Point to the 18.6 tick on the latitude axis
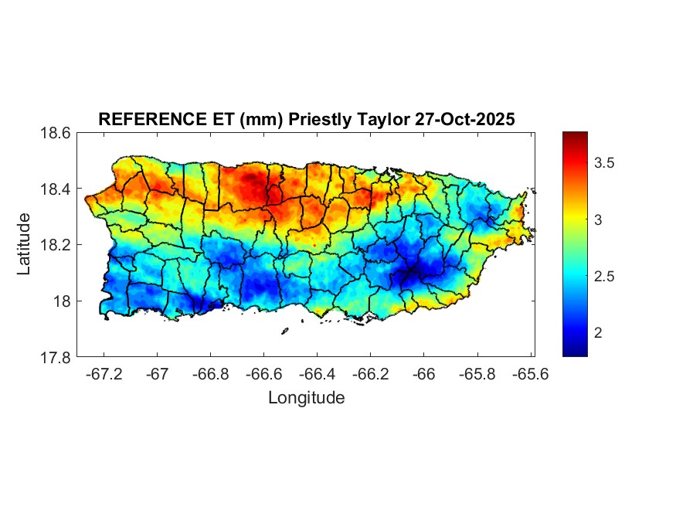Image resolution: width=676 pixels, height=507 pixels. point(56,133)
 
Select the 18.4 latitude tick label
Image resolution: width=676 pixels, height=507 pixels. point(56,189)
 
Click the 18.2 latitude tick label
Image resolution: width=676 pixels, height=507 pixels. point(56,245)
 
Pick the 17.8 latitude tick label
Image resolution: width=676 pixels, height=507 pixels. point(56,357)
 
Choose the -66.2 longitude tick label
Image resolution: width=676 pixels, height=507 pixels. point(370,374)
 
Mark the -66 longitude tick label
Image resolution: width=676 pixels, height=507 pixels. point(424,374)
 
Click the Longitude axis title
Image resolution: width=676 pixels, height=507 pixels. point(306,398)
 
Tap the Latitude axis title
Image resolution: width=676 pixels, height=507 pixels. point(25,244)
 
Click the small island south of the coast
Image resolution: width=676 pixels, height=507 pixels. point(284,331)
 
